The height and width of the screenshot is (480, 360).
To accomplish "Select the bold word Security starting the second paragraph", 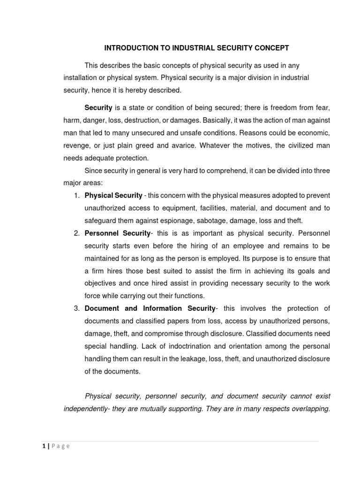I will (x=98, y=107).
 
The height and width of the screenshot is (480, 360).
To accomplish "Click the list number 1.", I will (x=77, y=195).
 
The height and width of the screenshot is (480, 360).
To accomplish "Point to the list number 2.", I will (x=77, y=233).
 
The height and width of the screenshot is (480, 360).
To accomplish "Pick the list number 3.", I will (x=77, y=308).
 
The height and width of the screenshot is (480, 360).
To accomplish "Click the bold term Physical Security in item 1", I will (x=113, y=195).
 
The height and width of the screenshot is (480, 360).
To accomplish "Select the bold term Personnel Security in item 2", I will (x=117, y=233).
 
